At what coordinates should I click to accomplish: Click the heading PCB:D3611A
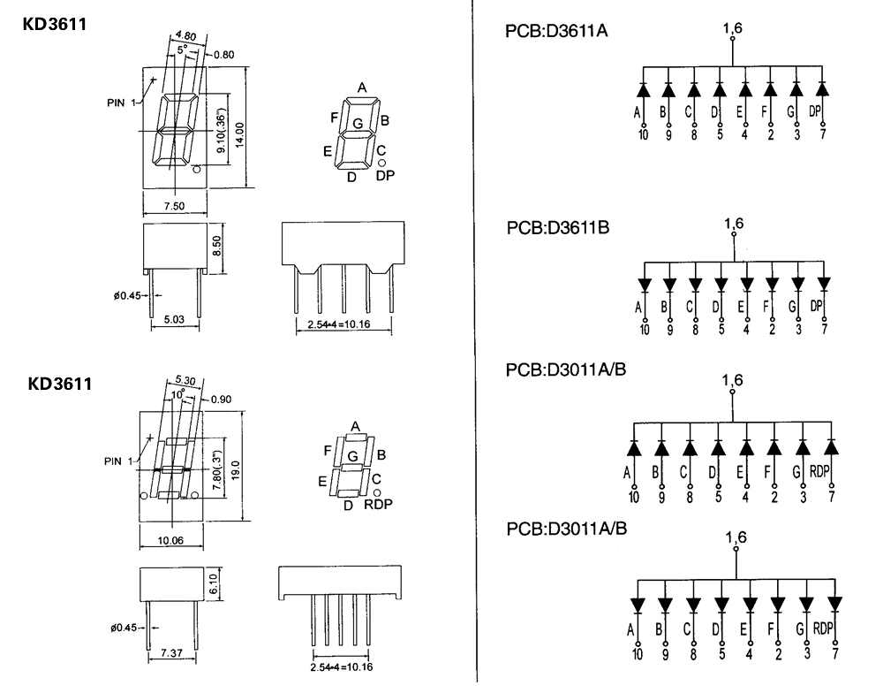[556, 34]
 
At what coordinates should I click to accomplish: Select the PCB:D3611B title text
[558, 228]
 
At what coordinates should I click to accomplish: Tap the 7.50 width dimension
[175, 206]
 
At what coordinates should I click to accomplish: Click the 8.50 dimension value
[218, 246]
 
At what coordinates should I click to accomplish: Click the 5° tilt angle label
[182, 51]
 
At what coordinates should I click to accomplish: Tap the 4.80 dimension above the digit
[186, 36]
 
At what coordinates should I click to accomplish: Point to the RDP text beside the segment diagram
[378, 505]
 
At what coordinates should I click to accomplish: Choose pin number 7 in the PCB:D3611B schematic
[825, 330]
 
